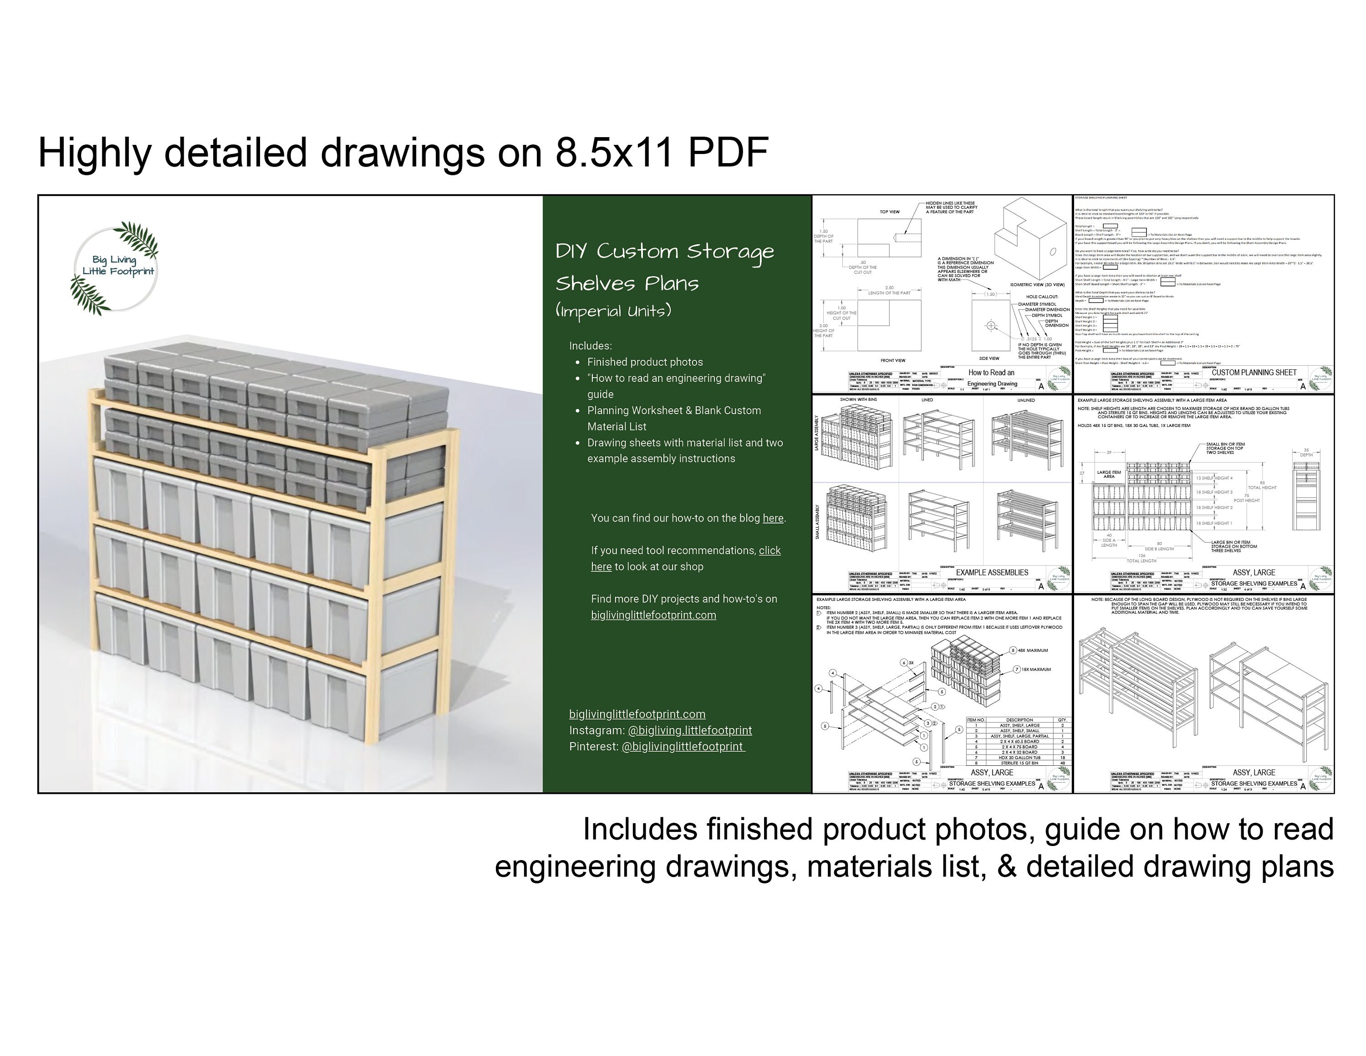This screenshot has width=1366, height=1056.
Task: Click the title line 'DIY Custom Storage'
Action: [x=664, y=251]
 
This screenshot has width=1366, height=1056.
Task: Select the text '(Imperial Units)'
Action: [x=613, y=311]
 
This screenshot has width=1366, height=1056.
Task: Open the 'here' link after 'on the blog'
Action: [x=772, y=518]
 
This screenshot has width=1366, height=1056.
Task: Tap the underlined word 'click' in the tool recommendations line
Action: [x=770, y=550]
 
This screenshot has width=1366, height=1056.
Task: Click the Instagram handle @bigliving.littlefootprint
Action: [x=689, y=730]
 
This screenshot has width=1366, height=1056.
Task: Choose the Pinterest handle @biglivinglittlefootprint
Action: [x=683, y=746]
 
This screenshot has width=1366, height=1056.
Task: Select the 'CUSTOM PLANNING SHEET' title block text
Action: [x=1254, y=373]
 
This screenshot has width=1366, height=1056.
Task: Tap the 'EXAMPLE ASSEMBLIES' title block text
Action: [x=992, y=572]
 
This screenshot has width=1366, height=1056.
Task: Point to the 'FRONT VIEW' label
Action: [x=892, y=360]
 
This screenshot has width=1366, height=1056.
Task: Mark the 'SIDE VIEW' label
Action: [x=989, y=359]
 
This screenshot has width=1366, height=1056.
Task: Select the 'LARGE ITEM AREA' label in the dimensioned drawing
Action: [x=1108, y=474]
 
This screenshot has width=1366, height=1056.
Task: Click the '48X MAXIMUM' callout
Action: [x=1033, y=651]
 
